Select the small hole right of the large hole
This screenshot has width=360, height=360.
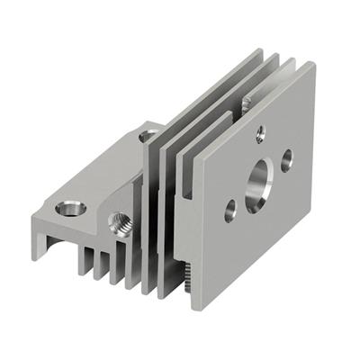point(287,161)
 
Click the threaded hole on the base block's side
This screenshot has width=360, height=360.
point(116,223)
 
